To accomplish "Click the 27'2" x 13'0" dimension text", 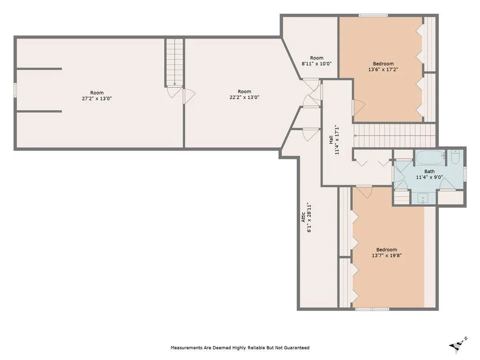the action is tap(97, 98).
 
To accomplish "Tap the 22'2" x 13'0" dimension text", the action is tap(244, 97).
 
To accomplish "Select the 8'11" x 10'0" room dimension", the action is tap(316, 64).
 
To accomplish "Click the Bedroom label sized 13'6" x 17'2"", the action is tap(383, 64).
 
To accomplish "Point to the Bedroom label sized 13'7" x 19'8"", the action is tap(387, 250).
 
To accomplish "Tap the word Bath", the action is tap(429, 172).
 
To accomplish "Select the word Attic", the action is tap(303, 217).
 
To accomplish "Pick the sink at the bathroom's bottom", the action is tap(423, 199).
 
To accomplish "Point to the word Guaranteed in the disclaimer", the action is tap(297, 347).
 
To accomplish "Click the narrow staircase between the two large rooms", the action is tap(174, 62).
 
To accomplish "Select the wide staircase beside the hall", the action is tap(394, 135).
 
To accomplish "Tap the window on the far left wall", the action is tap(15, 90).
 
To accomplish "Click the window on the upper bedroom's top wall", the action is tap(373, 15).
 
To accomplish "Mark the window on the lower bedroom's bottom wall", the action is tap(372, 309).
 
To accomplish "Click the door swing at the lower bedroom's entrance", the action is tap(364, 192).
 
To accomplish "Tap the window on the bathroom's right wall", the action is tap(465, 173).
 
